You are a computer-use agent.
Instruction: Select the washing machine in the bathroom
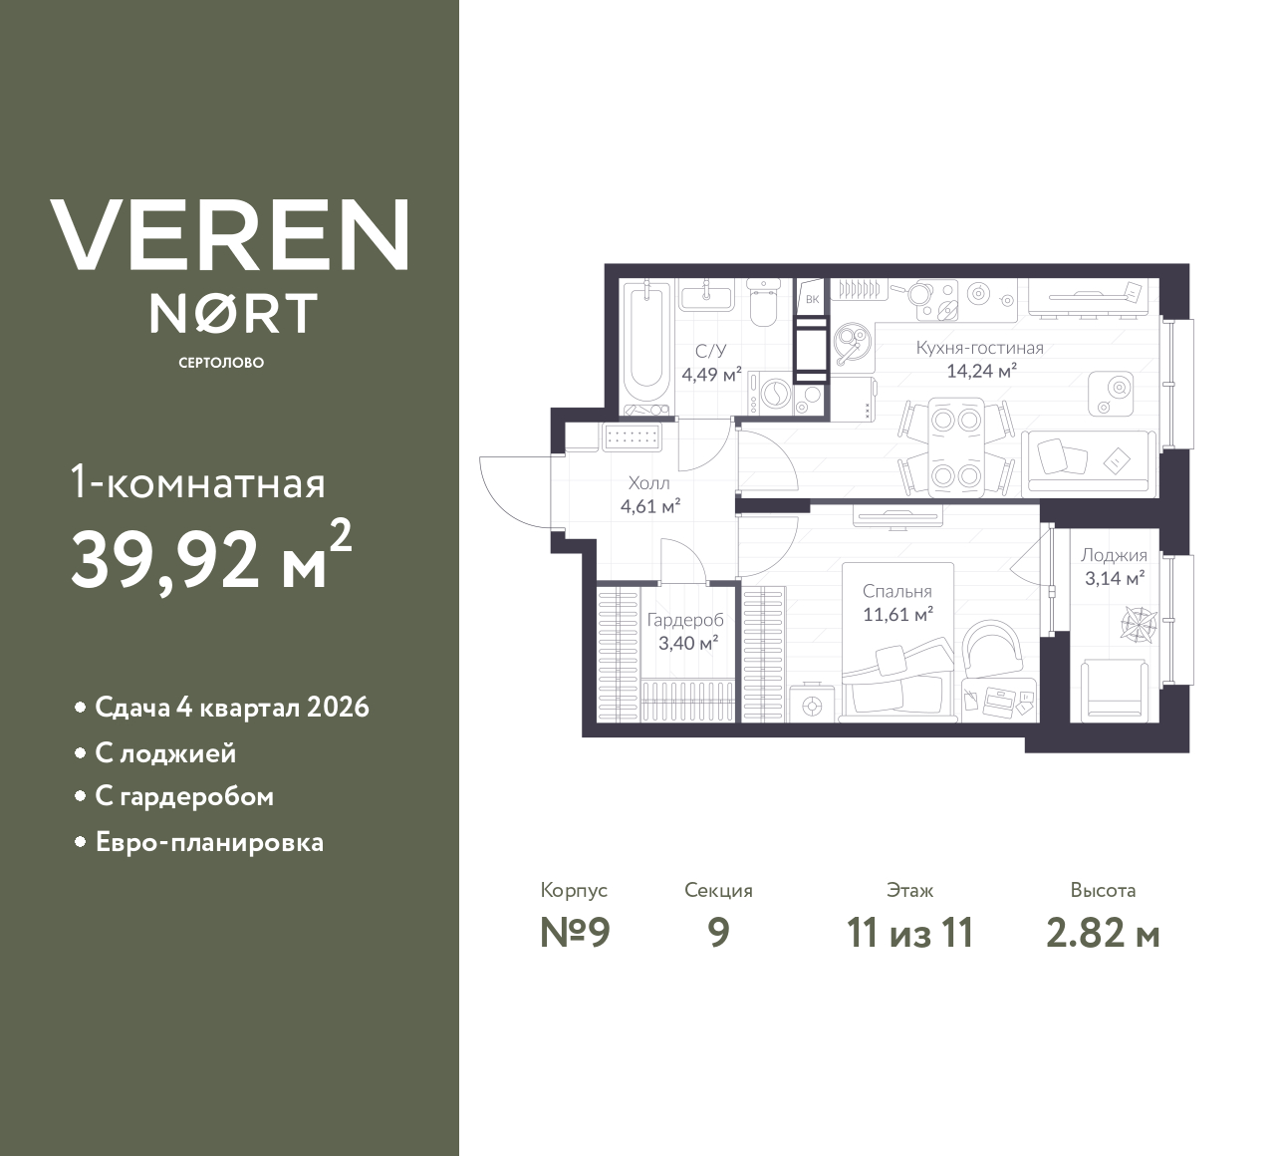[x=770, y=394]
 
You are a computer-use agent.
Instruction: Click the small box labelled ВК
[x=812, y=298]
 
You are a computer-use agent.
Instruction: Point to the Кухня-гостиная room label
[x=979, y=348]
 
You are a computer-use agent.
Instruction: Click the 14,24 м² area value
[x=981, y=371]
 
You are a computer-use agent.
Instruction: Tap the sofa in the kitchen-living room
[x=1089, y=463]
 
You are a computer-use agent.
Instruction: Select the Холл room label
[x=648, y=483]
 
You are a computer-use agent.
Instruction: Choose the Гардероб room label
[x=685, y=620]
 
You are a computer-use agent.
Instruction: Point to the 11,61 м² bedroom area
[x=896, y=615]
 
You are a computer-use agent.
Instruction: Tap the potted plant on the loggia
[x=1136, y=624]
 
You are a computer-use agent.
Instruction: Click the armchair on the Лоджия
[x=1114, y=688]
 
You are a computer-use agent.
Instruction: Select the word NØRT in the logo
[x=233, y=314]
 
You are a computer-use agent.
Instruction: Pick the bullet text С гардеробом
[x=184, y=797]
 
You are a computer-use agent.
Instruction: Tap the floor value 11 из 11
[x=909, y=934]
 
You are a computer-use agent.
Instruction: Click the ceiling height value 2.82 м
[x=1103, y=934]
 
